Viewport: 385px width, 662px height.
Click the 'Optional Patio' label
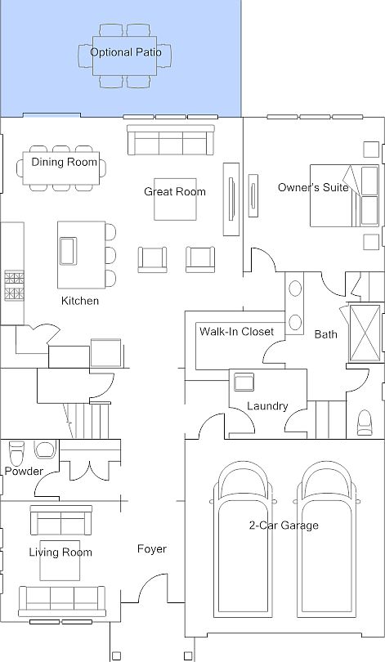(x=126, y=52)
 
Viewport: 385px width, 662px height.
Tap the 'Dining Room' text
(x=64, y=162)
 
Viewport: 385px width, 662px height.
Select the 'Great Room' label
(x=175, y=192)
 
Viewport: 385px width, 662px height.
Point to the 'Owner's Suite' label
(x=313, y=187)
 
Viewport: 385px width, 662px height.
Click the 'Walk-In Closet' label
(x=237, y=332)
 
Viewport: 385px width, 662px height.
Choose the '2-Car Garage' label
(x=284, y=526)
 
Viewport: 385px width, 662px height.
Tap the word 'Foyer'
(x=152, y=549)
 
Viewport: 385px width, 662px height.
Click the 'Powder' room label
(x=24, y=472)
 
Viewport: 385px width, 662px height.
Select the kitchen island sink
(x=68, y=251)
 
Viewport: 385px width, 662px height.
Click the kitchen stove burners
(x=15, y=286)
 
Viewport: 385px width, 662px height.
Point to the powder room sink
(x=45, y=450)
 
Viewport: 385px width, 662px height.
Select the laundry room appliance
(x=244, y=382)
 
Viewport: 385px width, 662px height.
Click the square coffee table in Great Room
(x=175, y=199)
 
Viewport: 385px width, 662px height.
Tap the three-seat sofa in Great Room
(x=171, y=141)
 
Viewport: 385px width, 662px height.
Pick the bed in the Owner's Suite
(x=344, y=195)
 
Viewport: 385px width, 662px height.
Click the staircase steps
(x=89, y=421)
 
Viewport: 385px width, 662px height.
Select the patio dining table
(x=124, y=56)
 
